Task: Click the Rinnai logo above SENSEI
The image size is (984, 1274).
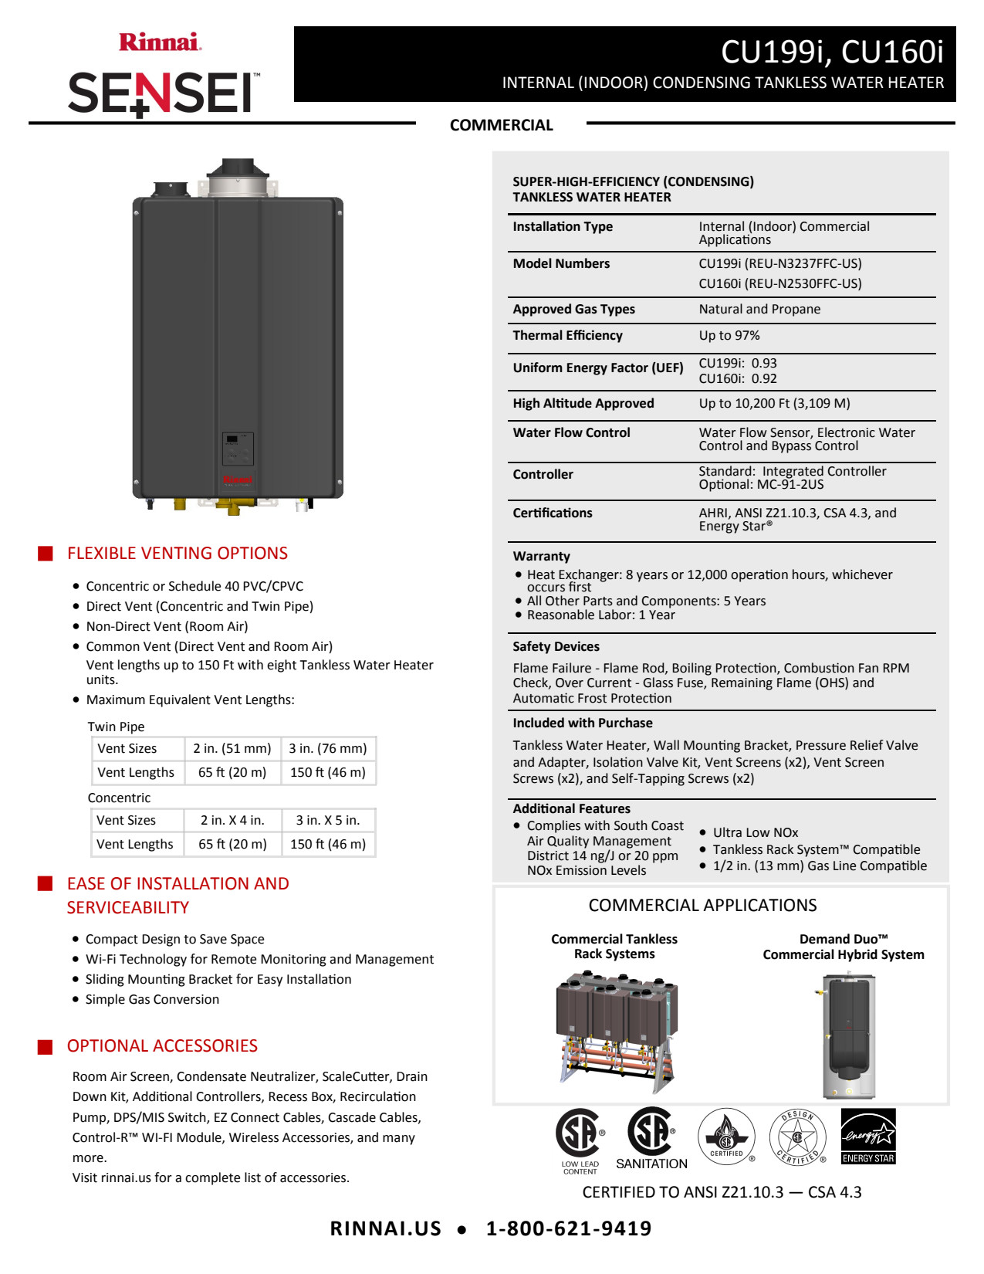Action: pyautogui.click(x=160, y=42)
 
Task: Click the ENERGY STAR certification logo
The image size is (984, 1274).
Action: pyautogui.click(x=867, y=1136)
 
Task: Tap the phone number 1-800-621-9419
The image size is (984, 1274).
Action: pyautogui.click(x=568, y=1228)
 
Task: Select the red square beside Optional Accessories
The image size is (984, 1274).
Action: pyautogui.click(x=46, y=1047)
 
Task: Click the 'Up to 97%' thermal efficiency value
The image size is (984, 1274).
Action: pyautogui.click(x=729, y=336)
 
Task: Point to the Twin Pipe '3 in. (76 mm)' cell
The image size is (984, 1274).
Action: pyautogui.click(x=328, y=748)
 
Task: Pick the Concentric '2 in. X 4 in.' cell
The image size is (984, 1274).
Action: pyautogui.click(x=232, y=820)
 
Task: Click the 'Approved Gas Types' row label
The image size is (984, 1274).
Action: pyautogui.click(x=573, y=310)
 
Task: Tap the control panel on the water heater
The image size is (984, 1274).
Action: pyautogui.click(x=237, y=448)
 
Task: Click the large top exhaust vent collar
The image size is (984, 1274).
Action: pyautogui.click(x=237, y=178)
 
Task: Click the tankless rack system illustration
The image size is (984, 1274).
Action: pyautogui.click(x=616, y=1031)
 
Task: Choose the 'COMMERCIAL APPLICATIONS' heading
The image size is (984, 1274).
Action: pyautogui.click(x=702, y=905)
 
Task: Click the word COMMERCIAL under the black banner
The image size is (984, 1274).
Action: pyautogui.click(x=501, y=125)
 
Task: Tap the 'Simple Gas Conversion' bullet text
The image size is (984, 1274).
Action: pyautogui.click(x=152, y=999)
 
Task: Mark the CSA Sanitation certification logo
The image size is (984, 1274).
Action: pyautogui.click(x=651, y=1138)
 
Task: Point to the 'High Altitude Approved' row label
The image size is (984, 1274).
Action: pyautogui.click(x=583, y=404)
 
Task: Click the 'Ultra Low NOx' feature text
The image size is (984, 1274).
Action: pyautogui.click(x=755, y=832)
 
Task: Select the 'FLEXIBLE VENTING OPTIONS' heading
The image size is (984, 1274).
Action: pyautogui.click(x=177, y=554)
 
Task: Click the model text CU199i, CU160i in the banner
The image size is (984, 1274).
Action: pyautogui.click(x=831, y=52)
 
